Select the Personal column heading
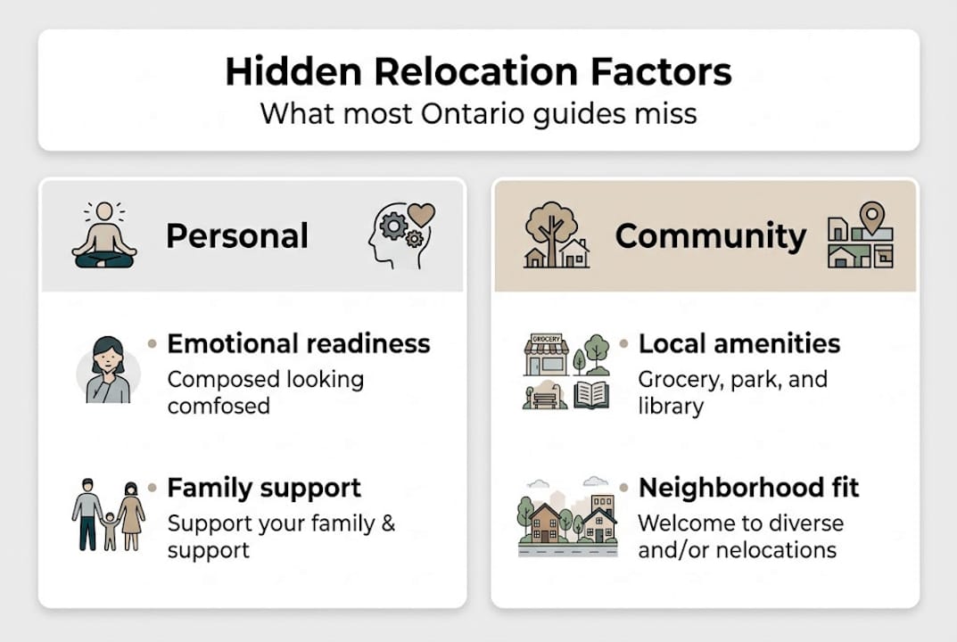click(x=237, y=236)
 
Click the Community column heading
click(x=710, y=236)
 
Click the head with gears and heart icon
click(x=401, y=235)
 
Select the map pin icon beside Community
click(x=871, y=218)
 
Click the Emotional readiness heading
click(x=299, y=343)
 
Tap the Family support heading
click(x=264, y=488)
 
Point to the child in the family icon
click(x=110, y=529)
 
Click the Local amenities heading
click(x=739, y=343)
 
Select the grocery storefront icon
click(x=545, y=354)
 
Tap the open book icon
click(x=590, y=394)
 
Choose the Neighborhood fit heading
click(x=749, y=488)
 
